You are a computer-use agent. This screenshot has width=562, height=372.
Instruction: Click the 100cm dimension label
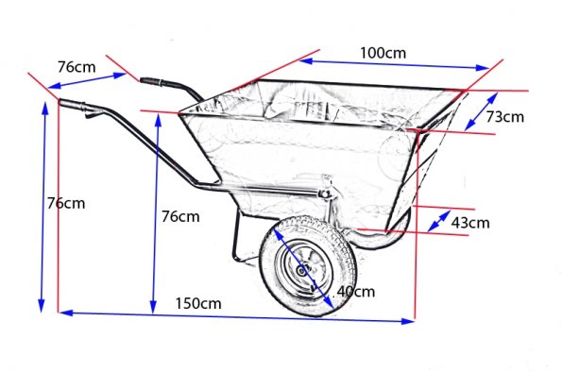click(x=383, y=53)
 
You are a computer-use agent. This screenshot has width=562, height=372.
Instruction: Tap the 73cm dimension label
click(x=504, y=117)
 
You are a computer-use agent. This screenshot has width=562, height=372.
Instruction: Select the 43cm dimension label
click(x=470, y=223)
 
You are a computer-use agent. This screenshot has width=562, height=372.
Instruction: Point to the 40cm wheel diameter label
click(x=356, y=292)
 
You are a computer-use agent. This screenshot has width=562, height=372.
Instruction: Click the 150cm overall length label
click(x=198, y=304)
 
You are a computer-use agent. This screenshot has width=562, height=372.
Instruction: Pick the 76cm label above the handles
click(x=77, y=67)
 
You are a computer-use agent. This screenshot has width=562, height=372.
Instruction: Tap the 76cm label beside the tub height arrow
click(x=180, y=216)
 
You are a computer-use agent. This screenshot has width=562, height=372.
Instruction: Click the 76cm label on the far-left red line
click(x=66, y=204)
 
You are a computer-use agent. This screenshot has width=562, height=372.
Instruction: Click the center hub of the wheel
click(x=302, y=270)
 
